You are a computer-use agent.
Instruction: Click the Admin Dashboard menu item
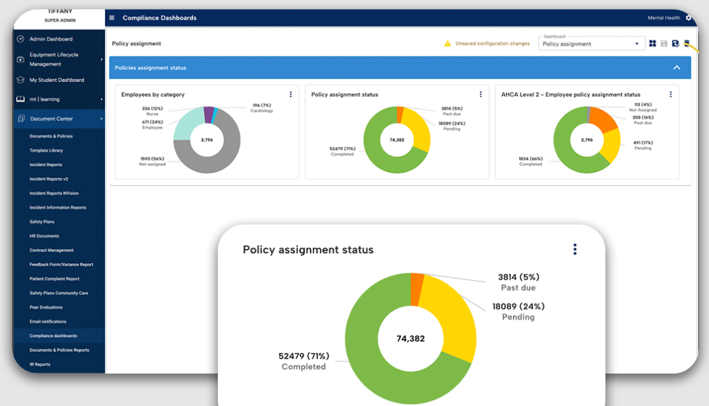[50, 39]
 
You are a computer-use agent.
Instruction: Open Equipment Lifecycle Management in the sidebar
[54, 59]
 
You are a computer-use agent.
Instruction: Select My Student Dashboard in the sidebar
[57, 80]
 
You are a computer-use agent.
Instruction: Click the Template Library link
[46, 150]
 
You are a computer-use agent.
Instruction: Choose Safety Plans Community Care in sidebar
[59, 293]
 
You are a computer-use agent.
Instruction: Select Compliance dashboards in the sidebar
[53, 335]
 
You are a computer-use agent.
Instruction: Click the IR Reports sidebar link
[40, 364]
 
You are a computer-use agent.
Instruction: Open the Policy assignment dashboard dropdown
[591, 44]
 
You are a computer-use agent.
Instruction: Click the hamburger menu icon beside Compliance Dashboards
[112, 18]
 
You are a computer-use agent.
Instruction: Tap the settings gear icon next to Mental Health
[688, 18]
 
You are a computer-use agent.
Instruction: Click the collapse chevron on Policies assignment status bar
[677, 67]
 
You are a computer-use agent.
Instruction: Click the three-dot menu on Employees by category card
[291, 95]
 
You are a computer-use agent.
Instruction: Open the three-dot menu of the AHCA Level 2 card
[670, 95]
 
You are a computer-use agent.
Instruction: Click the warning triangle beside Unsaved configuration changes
[447, 44]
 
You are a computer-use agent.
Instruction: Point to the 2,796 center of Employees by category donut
[207, 140]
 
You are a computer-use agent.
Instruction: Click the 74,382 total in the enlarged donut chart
[410, 339]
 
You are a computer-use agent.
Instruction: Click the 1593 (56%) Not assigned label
[151, 161]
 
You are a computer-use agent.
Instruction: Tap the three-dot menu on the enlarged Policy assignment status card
[574, 249]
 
